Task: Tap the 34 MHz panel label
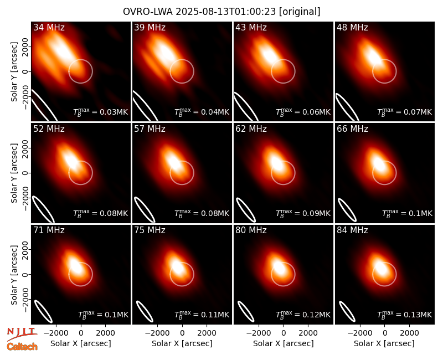click(49, 27)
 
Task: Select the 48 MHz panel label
click(352, 27)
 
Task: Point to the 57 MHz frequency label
click(150, 129)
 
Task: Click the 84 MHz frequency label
click(352, 230)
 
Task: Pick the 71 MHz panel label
click(49, 230)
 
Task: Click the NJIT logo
click(22, 333)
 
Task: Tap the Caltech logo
click(22, 347)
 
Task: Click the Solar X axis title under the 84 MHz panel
click(384, 343)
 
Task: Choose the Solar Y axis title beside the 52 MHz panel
click(14, 173)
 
